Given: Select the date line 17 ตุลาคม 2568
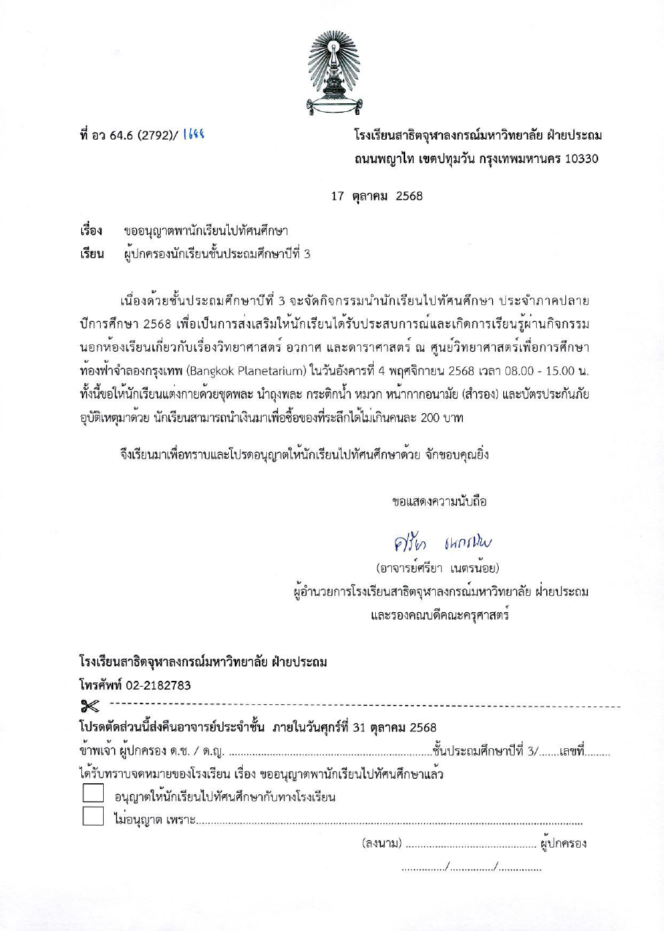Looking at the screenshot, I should click(x=377, y=196).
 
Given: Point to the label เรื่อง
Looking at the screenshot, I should click(x=91, y=232).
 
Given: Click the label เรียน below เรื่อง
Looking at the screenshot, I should click(x=91, y=255).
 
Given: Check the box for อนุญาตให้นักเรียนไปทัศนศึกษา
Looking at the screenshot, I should click(x=93, y=794).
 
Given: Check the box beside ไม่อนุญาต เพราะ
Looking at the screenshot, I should click(x=93, y=816).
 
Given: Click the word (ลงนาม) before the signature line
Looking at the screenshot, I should click(x=382, y=844).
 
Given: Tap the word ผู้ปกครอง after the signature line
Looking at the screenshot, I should click(x=564, y=844).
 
